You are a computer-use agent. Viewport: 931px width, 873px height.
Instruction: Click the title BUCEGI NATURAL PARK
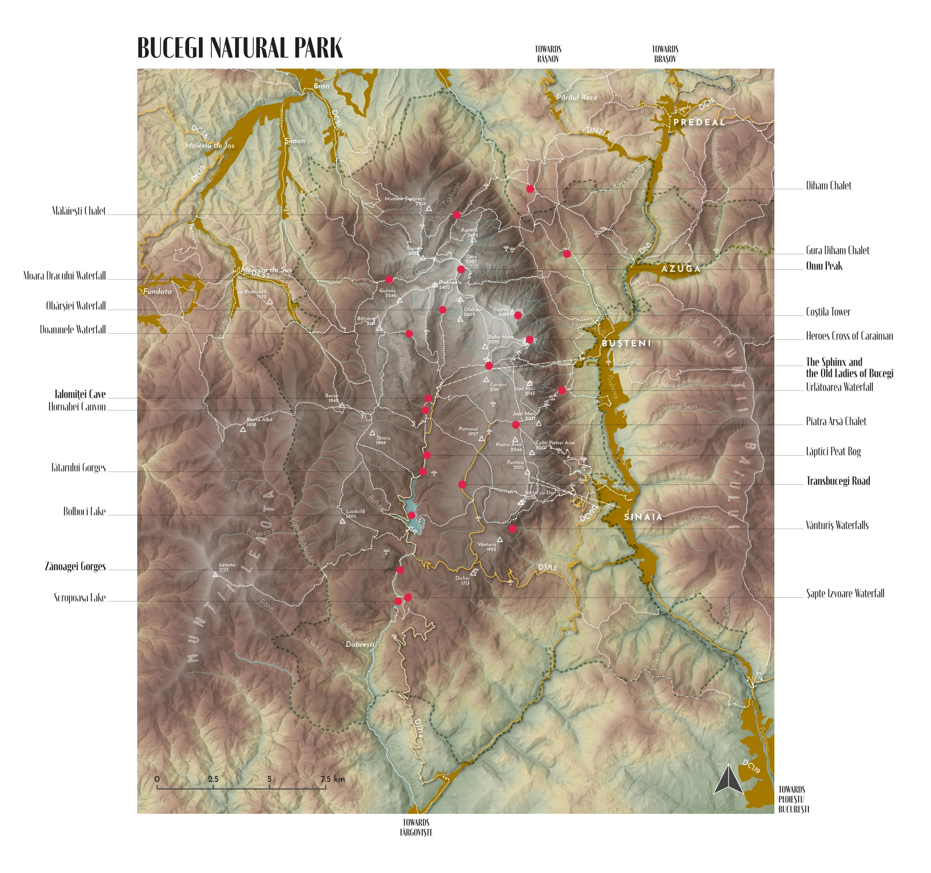click(240, 48)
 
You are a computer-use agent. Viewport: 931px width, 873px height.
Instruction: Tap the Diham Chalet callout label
click(828, 186)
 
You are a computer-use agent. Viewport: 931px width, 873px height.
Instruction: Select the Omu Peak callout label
click(824, 266)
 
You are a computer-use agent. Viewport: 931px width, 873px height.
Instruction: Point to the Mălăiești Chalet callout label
click(79, 211)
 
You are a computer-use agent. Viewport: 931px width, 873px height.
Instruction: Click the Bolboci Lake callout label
click(84, 511)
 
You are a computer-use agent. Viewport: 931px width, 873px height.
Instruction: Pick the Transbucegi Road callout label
click(838, 481)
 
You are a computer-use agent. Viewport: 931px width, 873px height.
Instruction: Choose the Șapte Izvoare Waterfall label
click(845, 593)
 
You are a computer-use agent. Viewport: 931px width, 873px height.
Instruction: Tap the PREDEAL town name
click(699, 122)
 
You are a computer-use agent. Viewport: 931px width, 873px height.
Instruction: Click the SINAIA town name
click(643, 517)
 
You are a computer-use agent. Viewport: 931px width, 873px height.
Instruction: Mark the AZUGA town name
click(681, 268)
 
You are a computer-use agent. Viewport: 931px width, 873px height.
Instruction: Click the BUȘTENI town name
click(626, 343)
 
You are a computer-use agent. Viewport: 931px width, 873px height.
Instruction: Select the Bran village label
click(321, 86)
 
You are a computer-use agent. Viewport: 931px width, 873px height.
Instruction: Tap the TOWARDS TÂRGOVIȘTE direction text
click(416, 827)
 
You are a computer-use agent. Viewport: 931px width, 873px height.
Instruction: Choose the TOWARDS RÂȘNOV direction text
click(548, 54)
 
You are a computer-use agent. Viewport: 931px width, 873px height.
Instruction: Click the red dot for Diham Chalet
click(530, 189)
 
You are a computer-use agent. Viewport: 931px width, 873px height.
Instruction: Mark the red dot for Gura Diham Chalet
click(567, 254)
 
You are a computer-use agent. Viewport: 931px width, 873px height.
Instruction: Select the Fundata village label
click(157, 292)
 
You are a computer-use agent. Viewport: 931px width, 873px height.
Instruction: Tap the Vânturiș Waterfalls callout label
click(837, 525)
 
